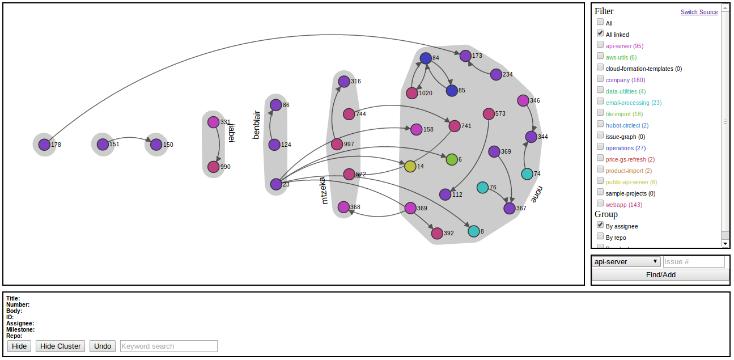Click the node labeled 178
pyautogui.click(x=44, y=145)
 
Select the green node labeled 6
pyautogui.click(x=452, y=159)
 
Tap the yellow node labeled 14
pyautogui.click(x=410, y=166)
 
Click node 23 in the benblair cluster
pyautogui.click(x=276, y=184)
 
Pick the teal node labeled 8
pyautogui.click(x=474, y=231)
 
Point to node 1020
pyautogui.click(x=412, y=93)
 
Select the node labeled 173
pyautogui.click(x=465, y=56)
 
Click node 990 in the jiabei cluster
pyautogui.click(x=213, y=167)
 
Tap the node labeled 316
pyautogui.click(x=344, y=81)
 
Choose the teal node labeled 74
pyautogui.click(x=527, y=173)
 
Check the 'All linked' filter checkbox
pyautogui.click(x=600, y=33)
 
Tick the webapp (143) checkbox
pyautogui.click(x=600, y=204)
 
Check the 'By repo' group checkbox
pyautogui.click(x=600, y=236)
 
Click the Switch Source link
pyautogui.click(x=699, y=12)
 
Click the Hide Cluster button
pyautogui.click(x=61, y=346)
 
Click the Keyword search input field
pyautogui.click(x=168, y=346)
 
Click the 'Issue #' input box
pyautogui.click(x=694, y=261)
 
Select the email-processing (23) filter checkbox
pyautogui.click(x=600, y=101)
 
